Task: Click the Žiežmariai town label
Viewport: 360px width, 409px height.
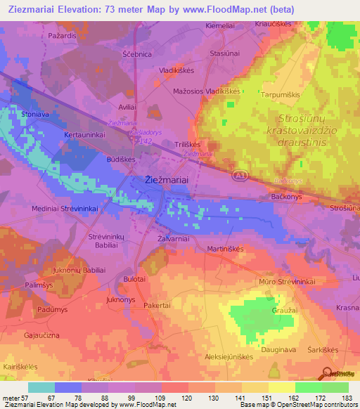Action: point(167,180)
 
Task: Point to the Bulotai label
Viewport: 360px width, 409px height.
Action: point(134,280)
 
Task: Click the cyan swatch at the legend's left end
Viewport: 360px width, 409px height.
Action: point(41,387)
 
